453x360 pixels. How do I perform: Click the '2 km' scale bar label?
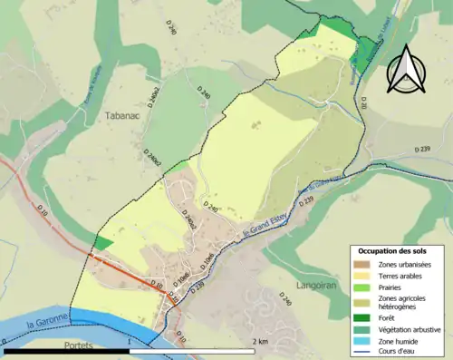tap(260, 342)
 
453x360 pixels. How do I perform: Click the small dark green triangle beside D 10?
tap(103, 244)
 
